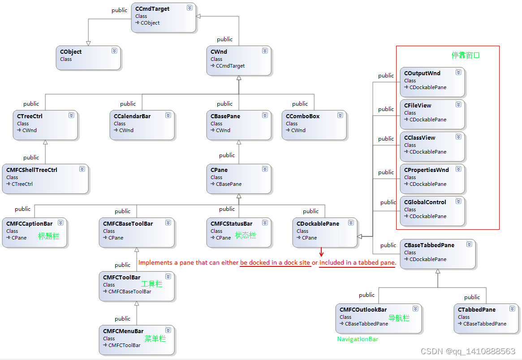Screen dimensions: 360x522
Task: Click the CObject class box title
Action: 71,52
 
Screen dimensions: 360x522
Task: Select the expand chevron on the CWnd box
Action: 265,51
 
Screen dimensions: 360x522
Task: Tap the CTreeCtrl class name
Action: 30,116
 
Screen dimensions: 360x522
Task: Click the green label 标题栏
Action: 48,236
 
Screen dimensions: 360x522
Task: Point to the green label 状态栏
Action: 246,235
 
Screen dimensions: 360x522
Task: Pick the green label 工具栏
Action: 151,284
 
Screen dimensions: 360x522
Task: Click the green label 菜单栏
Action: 155,339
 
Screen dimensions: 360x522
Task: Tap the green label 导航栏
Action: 399,318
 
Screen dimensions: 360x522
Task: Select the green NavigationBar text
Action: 358,339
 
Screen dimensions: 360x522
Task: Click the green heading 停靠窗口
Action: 466,56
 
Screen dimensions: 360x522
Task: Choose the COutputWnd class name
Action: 422,73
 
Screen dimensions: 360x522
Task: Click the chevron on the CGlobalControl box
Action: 458,201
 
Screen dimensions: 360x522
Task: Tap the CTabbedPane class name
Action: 477,310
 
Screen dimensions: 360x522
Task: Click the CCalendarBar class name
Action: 132,116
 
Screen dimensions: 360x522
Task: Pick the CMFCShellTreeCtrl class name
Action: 32,170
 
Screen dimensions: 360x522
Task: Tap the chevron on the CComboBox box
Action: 340,116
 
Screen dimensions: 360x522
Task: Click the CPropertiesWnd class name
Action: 426,170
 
